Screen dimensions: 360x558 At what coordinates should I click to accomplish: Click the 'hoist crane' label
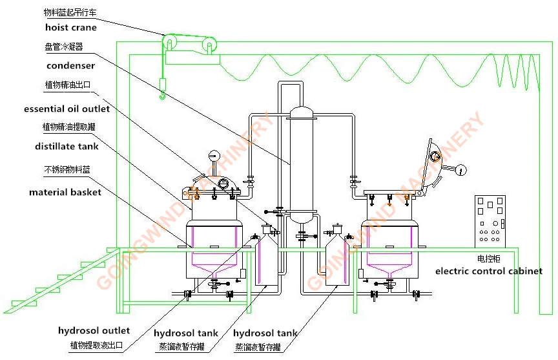[71, 28]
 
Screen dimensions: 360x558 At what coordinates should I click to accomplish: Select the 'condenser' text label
[71, 65]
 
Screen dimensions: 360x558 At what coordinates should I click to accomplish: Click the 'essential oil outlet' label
[67, 109]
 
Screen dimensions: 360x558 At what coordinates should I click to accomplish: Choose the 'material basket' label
[65, 192]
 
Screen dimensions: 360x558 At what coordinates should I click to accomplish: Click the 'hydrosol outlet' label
[94, 331]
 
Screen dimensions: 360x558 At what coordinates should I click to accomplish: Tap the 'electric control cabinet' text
[489, 271]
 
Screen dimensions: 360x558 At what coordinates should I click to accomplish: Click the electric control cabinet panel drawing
[490, 222]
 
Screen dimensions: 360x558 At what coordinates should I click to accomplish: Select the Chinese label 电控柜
[488, 259]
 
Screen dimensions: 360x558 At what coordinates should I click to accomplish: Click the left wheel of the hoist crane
[168, 45]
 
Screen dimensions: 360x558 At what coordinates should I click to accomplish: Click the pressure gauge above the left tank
[213, 156]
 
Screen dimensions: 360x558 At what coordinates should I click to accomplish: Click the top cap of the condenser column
[300, 112]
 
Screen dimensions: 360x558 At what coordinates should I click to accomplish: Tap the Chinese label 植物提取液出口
[96, 345]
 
